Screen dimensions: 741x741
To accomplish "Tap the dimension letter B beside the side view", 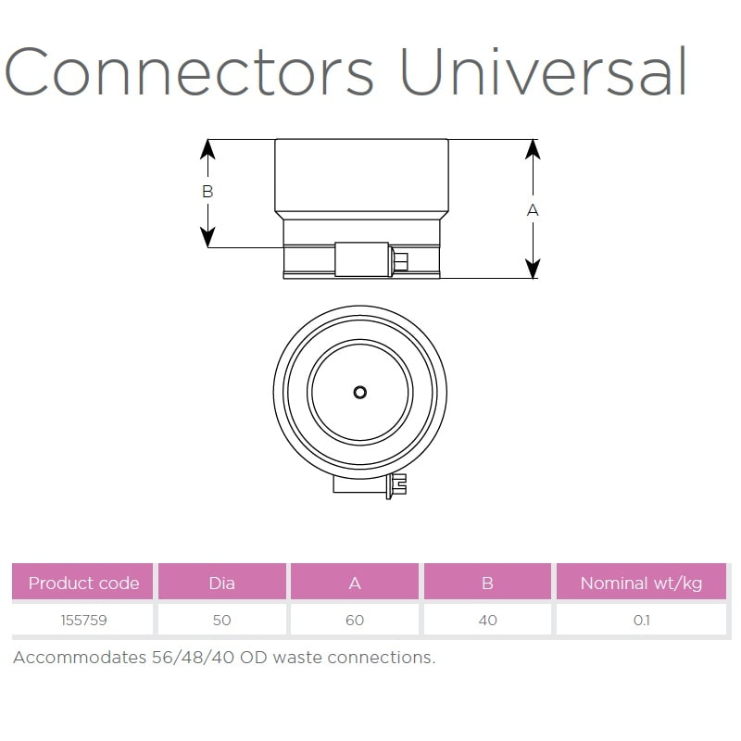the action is tap(207, 192).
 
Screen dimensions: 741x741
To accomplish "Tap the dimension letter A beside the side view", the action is tap(533, 210).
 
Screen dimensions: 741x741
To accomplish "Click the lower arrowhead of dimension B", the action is tap(207, 237).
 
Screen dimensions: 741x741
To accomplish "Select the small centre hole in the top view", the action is tap(360, 392).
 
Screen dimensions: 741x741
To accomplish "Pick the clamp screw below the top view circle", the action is tap(396, 485).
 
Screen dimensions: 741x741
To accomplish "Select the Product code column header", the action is tap(83, 584).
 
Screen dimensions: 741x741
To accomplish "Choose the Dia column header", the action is tap(221, 584).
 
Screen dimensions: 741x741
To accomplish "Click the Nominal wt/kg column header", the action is tap(641, 584).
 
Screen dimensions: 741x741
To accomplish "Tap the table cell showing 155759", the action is tap(83, 620).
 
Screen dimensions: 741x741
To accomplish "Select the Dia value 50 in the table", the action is tap(221, 620).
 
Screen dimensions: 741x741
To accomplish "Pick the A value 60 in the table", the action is tap(355, 620).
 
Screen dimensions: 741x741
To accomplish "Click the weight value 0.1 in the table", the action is tap(641, 620).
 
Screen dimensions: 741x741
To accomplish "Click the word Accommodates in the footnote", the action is tap(80, 658).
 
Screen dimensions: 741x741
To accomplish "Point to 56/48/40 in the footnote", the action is tap(193, 658).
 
